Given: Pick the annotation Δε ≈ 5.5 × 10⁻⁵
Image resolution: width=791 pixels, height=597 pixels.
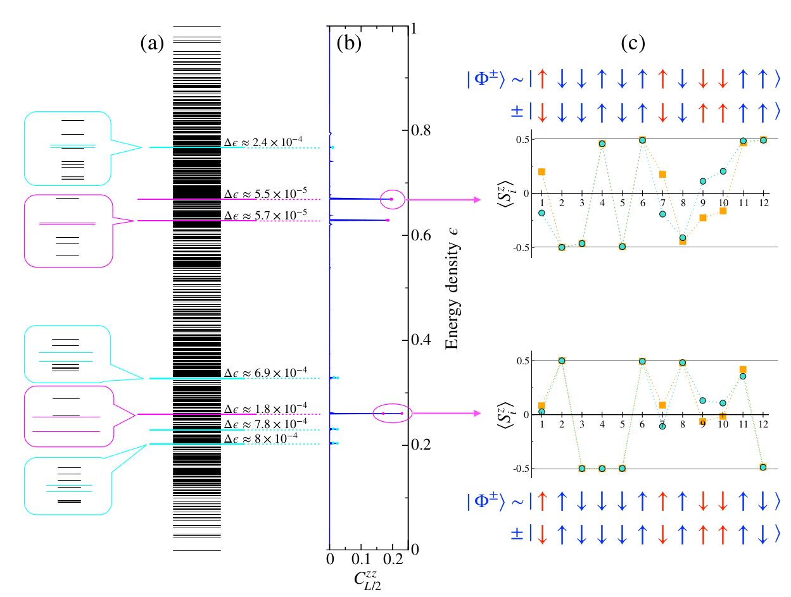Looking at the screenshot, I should click(x=265, y=193).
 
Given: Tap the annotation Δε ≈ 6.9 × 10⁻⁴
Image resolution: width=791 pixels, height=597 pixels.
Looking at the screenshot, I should click(x=266, y=372).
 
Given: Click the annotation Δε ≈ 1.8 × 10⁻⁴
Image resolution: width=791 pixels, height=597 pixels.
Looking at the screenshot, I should click(x=266, y=407).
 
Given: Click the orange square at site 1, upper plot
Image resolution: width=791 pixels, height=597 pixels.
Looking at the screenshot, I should click(x=541, y=171).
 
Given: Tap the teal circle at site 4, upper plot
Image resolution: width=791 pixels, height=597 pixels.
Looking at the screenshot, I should click(x=602, y=144).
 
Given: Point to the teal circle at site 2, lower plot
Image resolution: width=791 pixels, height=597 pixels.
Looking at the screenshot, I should click(x=562, y=360).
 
